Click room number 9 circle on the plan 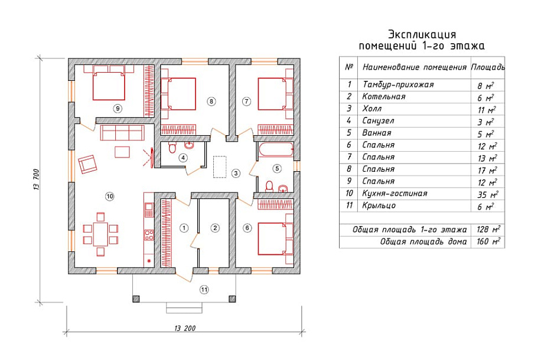click(x=118, y=108)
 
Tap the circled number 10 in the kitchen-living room click(x=109, y=196)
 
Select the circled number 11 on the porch click(x=204, y=289)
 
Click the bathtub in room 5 click(x=275, y=150)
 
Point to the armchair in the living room click(x=87, y=163)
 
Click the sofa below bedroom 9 click(x=122, y=132)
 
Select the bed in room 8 click(x=181, y=94)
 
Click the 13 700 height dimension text click(x=37, y=179)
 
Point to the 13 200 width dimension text click(x=185, y=328)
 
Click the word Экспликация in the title click(x=422, y=34)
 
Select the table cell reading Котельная click(x=384, y=97)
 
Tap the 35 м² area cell click(x=487, y=194)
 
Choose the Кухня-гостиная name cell click(x=395, y=194)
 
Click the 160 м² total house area click(x=487, y=242)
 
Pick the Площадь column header click(x=487, y=67)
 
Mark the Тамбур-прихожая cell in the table click(x=398, y=85)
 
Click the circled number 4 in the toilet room click(x=184, y=158)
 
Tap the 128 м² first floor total click(x=487, y=230)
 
